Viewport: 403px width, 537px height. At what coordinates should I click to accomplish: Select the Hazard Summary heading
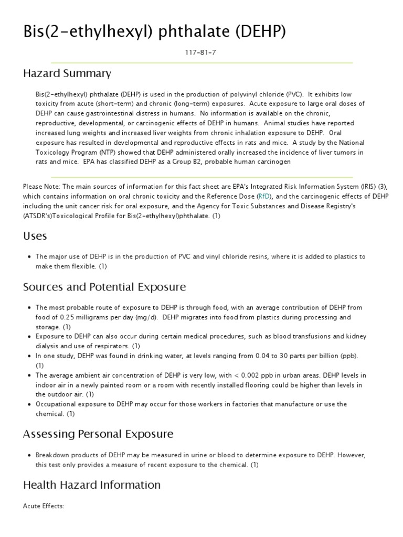pyautogui.click(x=67, y=73)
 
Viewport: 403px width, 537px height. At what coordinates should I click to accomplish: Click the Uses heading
pyautogui.click(x=35, y=236)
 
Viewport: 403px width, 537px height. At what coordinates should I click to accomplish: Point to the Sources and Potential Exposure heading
pyautogui.click(x=104, y=287)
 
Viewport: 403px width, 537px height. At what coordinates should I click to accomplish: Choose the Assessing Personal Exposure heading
pyautogui.click(x=98, y=434)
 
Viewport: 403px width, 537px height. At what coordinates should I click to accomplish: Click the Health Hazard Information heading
pyautogui.click(x=92, y=485)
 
